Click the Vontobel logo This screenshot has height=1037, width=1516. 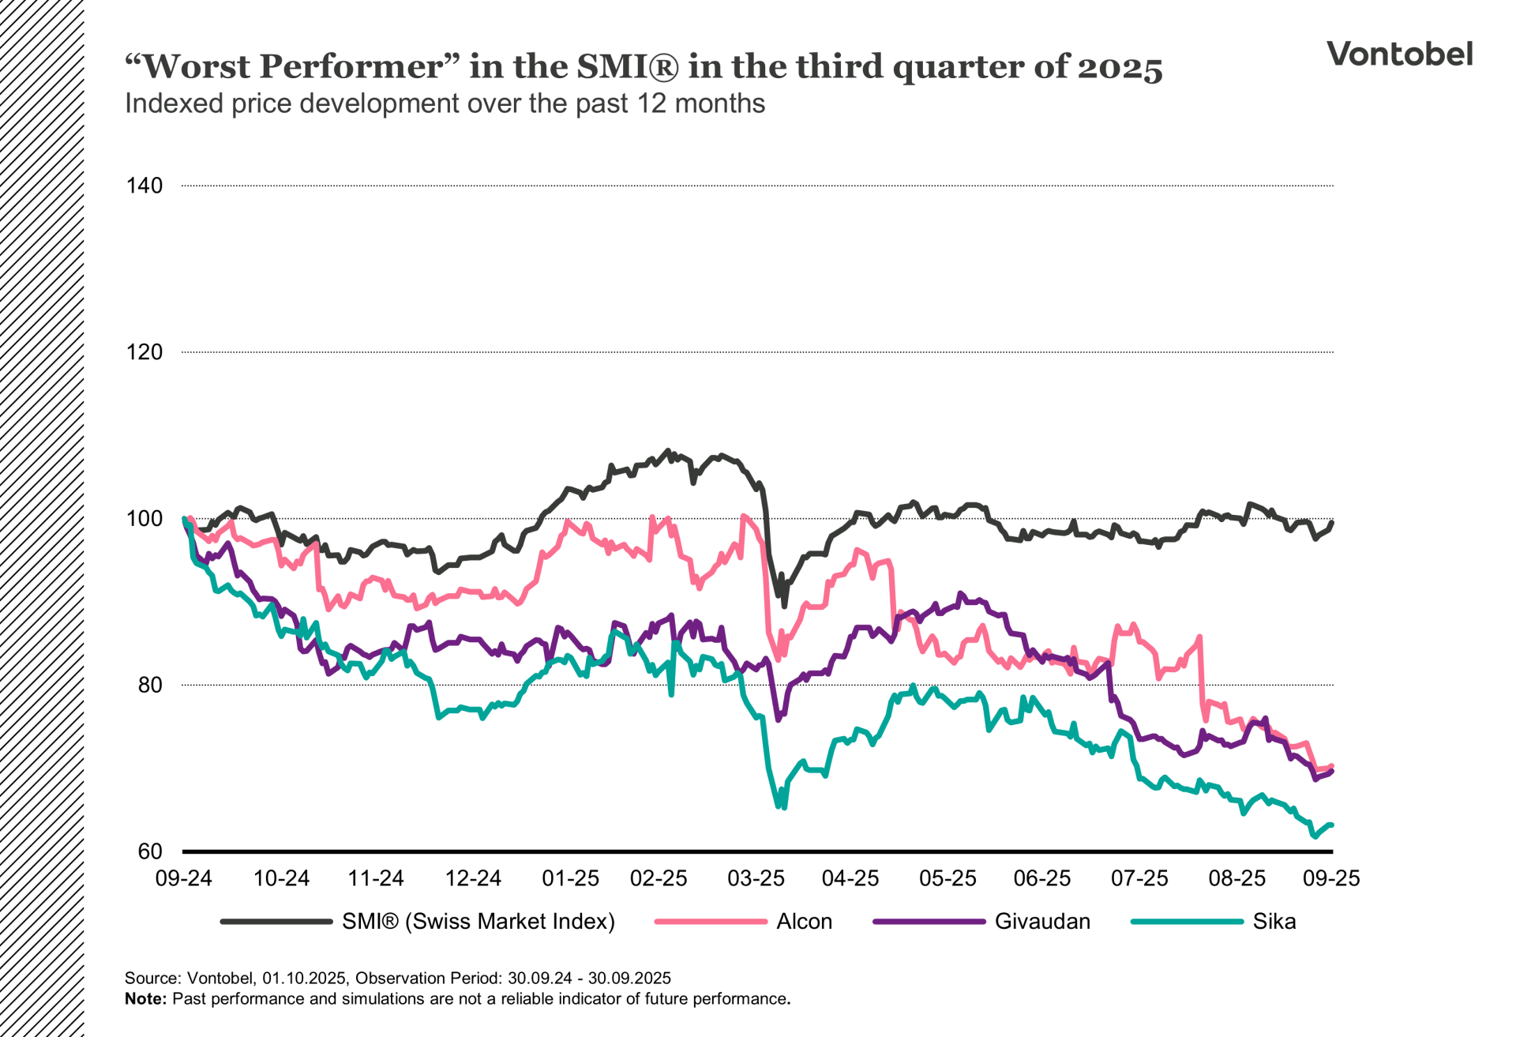coord(1399,54)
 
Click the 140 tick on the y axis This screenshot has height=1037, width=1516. coord(144,186)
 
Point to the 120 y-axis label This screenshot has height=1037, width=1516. coord(144,352)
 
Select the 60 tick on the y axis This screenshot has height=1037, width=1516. coord(150,851)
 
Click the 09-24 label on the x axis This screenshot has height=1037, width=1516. coord(183,878)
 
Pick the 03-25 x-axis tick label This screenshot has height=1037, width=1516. coord(756,878)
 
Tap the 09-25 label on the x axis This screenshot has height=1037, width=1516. coord(1331,878)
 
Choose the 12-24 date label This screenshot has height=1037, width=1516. coord(473,878)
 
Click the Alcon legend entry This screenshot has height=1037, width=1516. coord(804,922)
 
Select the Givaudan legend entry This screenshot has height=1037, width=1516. coord(1042,922)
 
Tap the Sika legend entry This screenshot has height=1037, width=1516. coord(1274,922)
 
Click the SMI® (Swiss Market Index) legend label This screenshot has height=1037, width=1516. coord(478,922)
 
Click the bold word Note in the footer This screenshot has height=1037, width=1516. coord(144,999)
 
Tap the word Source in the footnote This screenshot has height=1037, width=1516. coord(152,979)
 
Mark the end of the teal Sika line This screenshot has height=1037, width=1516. coord(1332,825)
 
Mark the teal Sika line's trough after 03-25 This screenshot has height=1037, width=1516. coord(784,808)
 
